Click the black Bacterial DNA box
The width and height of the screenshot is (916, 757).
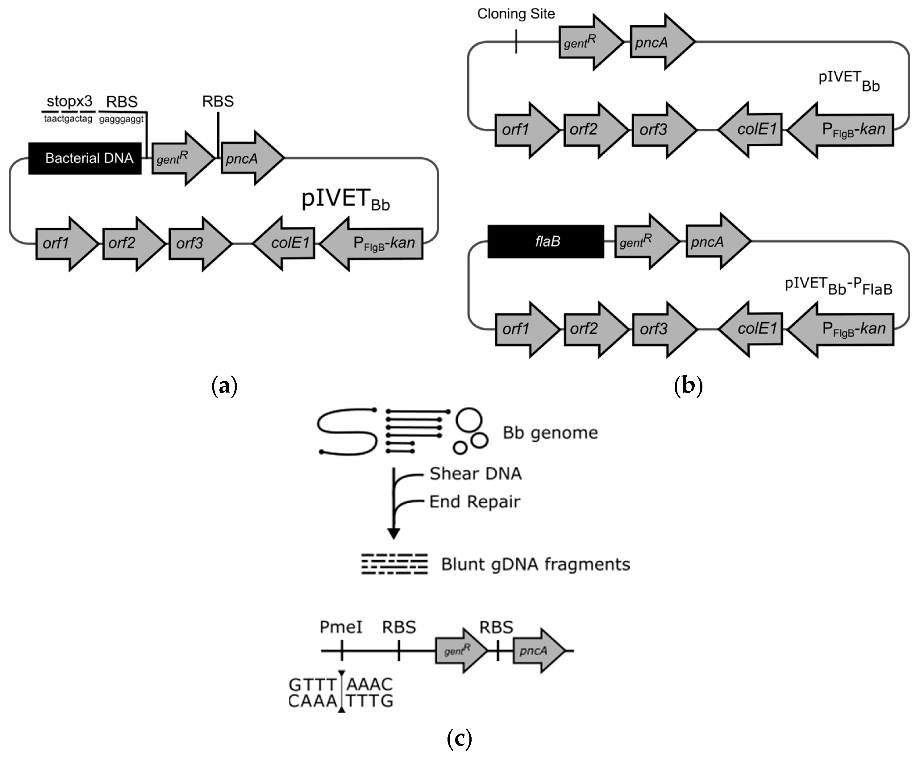pos(85,158)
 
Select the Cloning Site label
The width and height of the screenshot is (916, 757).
pos(516,14)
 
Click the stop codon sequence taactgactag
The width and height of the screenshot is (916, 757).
pos(68,119)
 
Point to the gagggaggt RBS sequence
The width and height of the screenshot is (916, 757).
pos(121,119)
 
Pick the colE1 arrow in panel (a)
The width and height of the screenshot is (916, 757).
pos(285,243)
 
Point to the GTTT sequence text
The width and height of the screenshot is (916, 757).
pos(313,684)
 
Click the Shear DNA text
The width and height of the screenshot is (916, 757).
pos(475,474)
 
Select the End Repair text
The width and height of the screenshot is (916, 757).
pos(475,502)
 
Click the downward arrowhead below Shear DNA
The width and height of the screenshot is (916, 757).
pos(394,533)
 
